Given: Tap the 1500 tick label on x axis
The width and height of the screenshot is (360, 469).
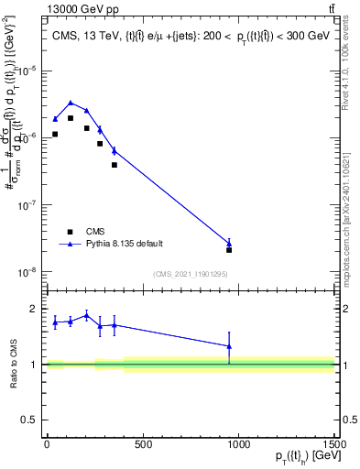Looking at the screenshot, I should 334,446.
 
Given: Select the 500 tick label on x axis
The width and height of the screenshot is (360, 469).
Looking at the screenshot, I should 142,446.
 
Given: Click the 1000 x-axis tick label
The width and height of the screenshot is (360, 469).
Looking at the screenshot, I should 238,446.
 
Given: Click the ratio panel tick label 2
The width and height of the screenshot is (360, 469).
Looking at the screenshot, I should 34,310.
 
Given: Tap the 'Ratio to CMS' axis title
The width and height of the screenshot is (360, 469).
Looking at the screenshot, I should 13,365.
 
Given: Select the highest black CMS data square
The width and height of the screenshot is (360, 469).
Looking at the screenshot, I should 71,118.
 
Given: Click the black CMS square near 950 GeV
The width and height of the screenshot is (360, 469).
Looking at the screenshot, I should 229,250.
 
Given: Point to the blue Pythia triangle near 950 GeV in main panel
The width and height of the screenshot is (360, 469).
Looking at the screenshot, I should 229,243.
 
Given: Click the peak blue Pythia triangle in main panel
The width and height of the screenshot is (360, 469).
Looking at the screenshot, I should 71,103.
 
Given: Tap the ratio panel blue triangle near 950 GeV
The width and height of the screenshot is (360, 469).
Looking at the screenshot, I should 229,346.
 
